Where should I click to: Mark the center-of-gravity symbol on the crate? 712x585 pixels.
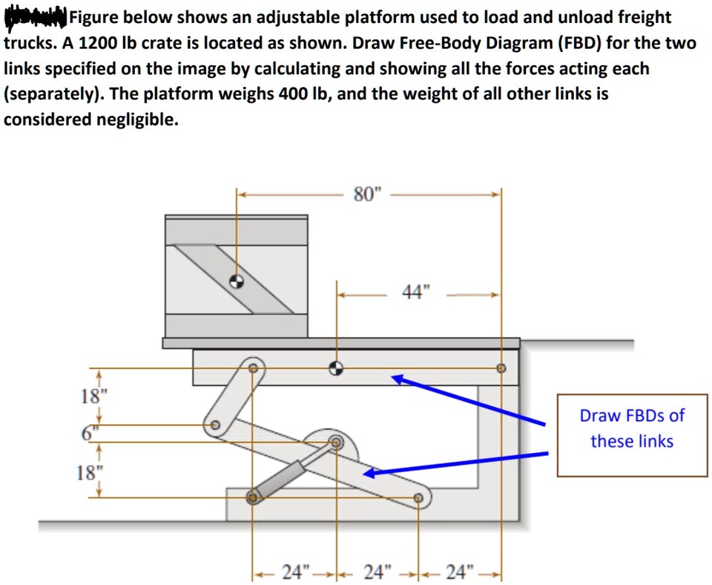(236, 280)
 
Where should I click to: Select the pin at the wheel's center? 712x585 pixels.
(337, 443)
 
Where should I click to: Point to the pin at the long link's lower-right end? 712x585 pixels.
(419, 498)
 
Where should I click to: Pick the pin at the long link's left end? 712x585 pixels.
(215, 425)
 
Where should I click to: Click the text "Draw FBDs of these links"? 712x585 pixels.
(632, 428)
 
